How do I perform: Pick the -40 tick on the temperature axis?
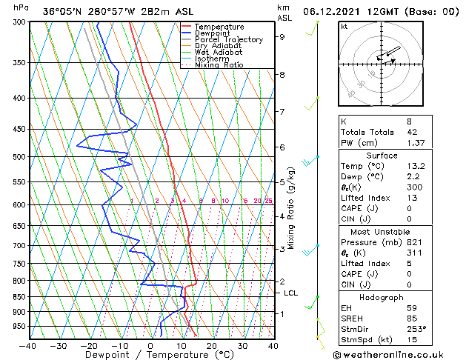point(28,345)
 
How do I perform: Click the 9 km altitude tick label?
point(282,36)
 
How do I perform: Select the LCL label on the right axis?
point(291,293)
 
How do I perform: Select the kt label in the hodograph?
point(344,27)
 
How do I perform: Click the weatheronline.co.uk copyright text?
point(398,354)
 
